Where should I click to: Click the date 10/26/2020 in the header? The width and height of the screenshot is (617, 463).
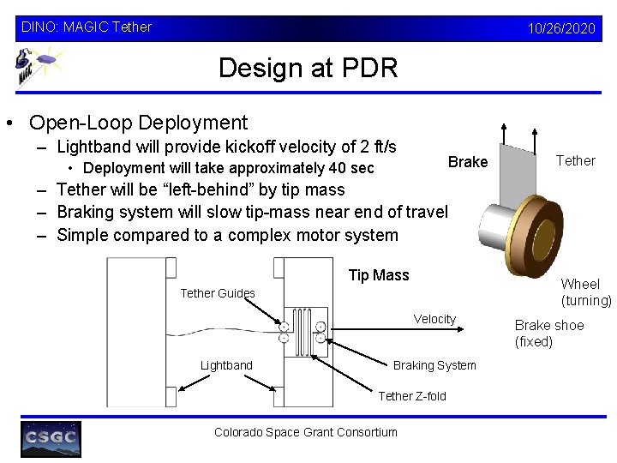click(561, 28)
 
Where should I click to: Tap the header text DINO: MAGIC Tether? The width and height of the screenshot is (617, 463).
click(86, 27)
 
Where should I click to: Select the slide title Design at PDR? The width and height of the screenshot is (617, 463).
click(308, 68)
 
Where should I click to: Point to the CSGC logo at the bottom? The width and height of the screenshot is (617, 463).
click(51, 439)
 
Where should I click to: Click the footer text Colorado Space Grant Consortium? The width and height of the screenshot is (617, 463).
click(305, 432)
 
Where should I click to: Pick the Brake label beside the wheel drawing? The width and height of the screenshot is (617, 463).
click(468, 162)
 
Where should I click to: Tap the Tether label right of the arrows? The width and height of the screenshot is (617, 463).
click(575, 160)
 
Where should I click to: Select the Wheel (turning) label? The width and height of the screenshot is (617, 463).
click(585, 292)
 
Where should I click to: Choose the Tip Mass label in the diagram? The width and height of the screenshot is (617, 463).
click(379, 275)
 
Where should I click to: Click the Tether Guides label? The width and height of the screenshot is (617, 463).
click(218, 293)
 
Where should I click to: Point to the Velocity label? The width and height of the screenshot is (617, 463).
click(434, 319)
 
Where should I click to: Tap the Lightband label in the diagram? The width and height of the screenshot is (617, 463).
click(226, 365)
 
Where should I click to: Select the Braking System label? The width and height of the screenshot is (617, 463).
click(434, 365)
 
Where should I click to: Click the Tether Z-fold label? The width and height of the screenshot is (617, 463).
click(412, 396)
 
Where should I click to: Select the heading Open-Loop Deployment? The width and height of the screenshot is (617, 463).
click(138, 123)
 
